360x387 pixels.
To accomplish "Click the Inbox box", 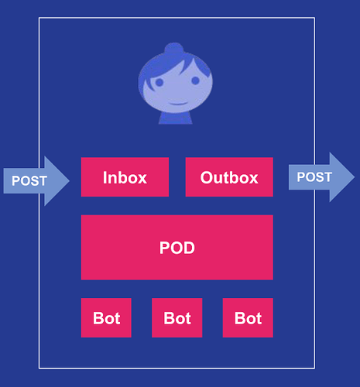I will (125, 177).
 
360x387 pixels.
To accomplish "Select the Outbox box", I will (229, 177).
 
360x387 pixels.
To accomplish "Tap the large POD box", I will (177, 248).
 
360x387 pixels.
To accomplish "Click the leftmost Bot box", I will (106, 318).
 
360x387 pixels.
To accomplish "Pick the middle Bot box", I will (177, 318).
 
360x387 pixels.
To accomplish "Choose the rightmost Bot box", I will (248, 318).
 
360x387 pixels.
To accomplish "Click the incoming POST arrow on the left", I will (36, 181).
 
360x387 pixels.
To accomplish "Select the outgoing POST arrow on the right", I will (321, 177).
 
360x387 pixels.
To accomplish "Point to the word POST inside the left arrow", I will (29, 181).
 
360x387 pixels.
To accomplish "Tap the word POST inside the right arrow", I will (314, 177).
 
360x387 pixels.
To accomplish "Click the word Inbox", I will (125, 177).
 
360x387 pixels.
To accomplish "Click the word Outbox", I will (229, 177).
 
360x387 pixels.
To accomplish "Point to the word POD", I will (177, 248).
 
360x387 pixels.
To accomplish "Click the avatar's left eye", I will (158, 82).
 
